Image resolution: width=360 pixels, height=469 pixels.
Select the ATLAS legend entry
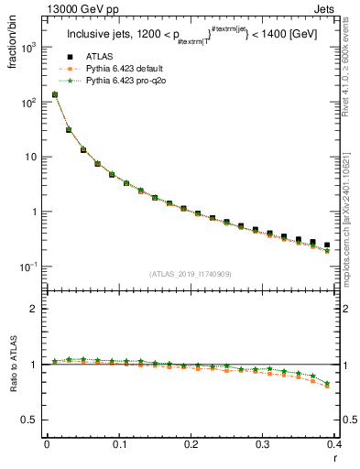tap(100, 58)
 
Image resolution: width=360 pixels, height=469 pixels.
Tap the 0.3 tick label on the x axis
tap(262, 444)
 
